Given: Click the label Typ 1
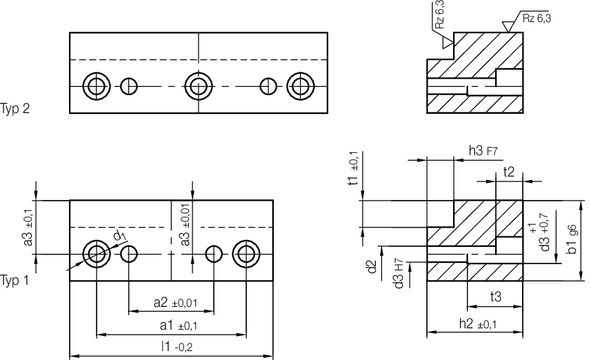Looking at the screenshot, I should coord(15,279).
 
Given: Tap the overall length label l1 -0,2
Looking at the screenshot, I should coord(171,346).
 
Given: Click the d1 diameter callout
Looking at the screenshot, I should coord(118,236).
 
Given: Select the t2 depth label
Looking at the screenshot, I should coord(509,171).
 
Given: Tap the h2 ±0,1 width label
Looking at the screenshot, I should coord(478,324).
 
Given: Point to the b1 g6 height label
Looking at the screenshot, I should coord(572,241).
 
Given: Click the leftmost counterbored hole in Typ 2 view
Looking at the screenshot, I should coord(96,86).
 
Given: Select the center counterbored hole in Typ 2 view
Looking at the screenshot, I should coord(198,86).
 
